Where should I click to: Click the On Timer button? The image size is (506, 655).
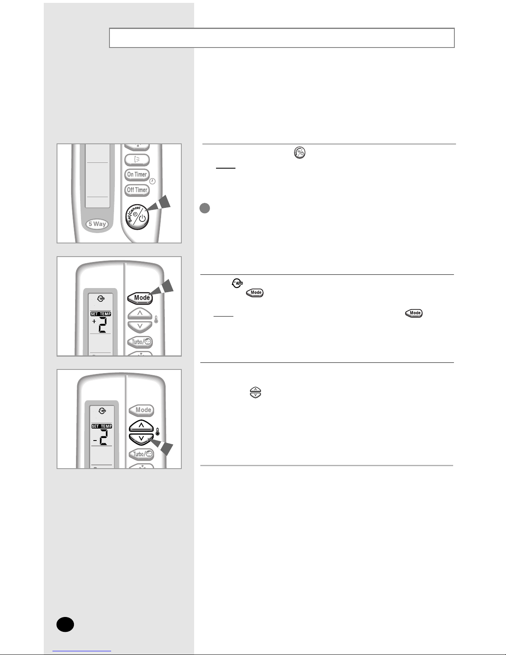tap(137, 174)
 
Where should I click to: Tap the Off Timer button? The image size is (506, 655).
tap(137, 190)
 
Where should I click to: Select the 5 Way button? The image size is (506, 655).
tap(97, 224)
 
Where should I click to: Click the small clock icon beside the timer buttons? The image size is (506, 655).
tap(152, 181)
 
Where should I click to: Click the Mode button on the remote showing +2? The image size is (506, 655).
tap(140, 298)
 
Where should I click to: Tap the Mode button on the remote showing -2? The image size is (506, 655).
tap(142, 410)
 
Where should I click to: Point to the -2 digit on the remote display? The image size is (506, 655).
tap(101, 437)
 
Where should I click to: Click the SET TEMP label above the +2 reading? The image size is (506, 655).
tap(101, 314)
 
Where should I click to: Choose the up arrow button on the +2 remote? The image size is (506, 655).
tap(140, 314)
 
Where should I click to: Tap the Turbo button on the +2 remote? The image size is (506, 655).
tap(140, 342)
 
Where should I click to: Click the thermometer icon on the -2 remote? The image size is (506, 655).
tap(157, 432)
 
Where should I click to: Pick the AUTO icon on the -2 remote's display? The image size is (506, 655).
tap(102, 410)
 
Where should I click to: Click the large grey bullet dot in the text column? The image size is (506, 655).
tap(205, 208)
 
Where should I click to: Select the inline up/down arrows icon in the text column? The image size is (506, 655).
tap(255, 393)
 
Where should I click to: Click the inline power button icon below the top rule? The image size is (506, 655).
tap(300, 152)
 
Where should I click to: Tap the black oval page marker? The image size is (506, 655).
tap(65, 624)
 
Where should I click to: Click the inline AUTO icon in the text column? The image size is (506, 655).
tap(238, 283)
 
